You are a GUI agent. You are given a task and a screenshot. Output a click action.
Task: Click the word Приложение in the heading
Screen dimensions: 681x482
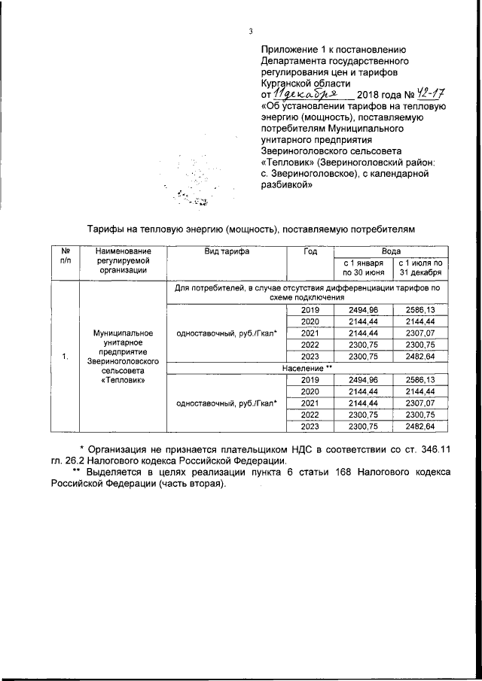(x=286, y=47)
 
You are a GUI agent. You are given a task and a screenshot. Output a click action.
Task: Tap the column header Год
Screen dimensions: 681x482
(x=310, y=252)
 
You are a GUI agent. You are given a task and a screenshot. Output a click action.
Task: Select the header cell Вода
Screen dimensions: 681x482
(x=390, y=252)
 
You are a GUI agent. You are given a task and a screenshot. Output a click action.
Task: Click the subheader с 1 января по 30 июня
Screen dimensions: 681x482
(x=364, y=268)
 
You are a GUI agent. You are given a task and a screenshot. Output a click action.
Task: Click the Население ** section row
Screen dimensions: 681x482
(x=307, y=368)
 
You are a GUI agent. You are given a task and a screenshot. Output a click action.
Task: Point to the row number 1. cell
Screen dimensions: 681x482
(x=65, y=357)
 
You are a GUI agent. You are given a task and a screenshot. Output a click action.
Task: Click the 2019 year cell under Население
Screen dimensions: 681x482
(x=310, y=379)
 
